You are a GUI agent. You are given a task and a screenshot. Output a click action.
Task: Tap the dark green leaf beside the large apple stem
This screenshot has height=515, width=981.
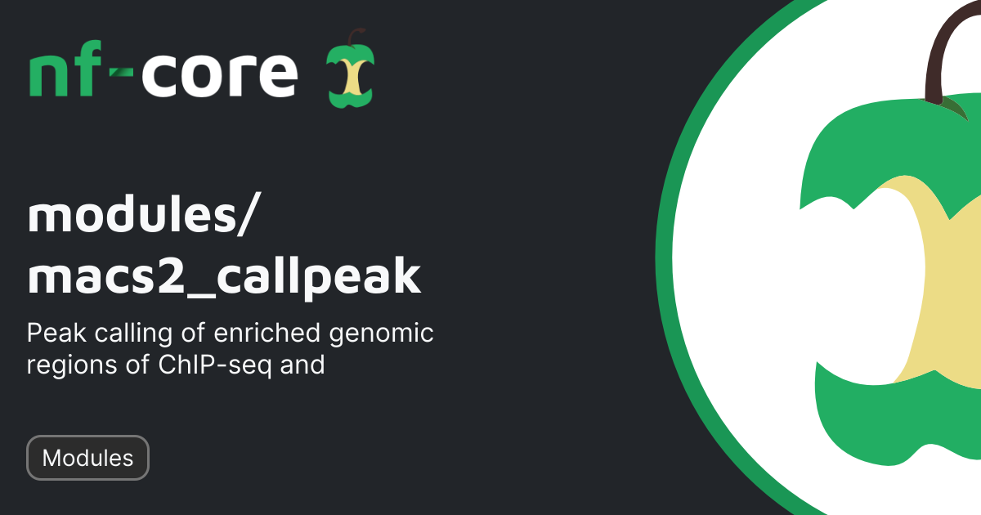click(953, 107)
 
